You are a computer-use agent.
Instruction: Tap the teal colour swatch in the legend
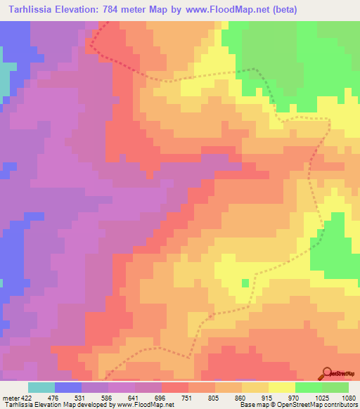click(x=41, y=387)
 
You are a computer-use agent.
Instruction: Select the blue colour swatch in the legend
click(x=68, y=387)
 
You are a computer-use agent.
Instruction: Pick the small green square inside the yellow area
click(x=245, y=283)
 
